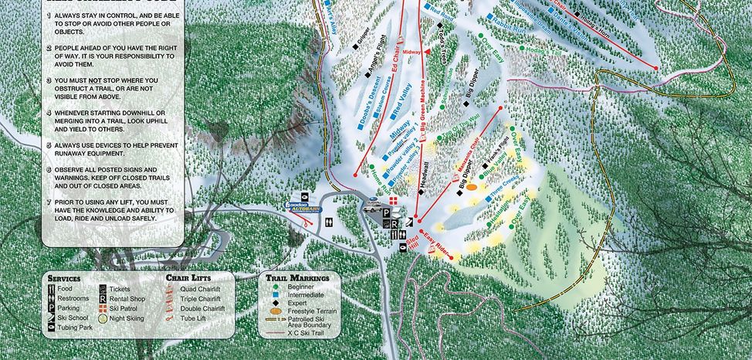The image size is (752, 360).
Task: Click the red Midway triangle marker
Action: click(427, 50)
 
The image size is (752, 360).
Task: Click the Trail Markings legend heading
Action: click(297, 277)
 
